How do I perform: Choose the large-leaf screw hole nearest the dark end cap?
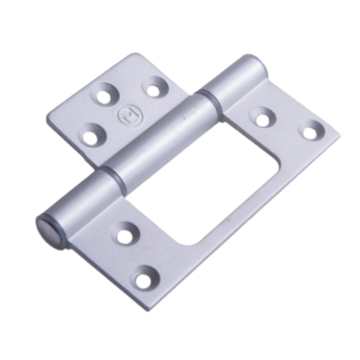[124, 232]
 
